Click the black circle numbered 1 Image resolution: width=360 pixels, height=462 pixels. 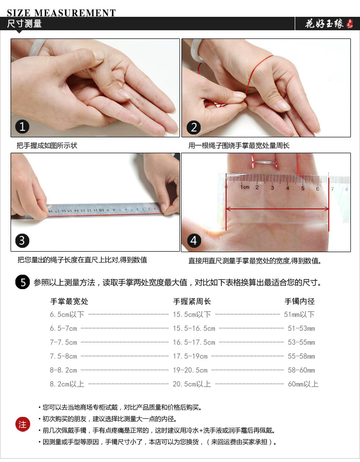[23, 127]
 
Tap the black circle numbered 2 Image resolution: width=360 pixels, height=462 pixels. [194, 127]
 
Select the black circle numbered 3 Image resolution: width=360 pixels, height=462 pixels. [23, 240]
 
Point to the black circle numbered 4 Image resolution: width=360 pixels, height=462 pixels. [194, 240]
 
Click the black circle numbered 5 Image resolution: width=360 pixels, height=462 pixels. [23, 282]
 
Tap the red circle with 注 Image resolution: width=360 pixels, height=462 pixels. [23, 425]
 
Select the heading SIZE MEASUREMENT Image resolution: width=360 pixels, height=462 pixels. [61, 13]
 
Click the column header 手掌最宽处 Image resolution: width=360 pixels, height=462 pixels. [69, 302]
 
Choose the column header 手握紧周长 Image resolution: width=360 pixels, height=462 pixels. [192, 302]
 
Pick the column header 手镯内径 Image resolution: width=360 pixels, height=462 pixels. [300, 302]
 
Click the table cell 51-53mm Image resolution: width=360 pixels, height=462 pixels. [301, 328]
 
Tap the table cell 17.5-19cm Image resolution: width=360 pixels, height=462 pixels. [190, 356]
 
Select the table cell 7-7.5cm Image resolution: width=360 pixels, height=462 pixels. [63, 342]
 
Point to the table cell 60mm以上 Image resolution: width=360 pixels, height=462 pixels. [303, 384]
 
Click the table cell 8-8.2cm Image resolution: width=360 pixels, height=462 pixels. [63, 370]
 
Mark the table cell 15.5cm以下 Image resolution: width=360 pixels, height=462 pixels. [192, 315]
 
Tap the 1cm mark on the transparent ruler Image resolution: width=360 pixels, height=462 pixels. [244, 187]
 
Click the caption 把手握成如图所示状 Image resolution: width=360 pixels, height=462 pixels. [47, 146]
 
